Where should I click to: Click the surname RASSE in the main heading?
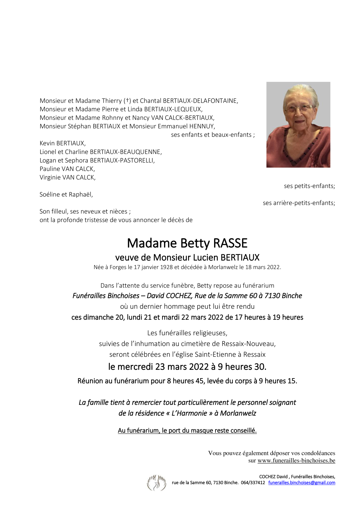click(230, 243)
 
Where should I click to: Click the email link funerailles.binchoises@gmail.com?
click(302, 482)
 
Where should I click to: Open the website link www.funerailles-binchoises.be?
click(296, 460)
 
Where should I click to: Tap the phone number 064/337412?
click(253, 482)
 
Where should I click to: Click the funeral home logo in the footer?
click(156, 482)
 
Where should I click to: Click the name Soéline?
click(50, 195)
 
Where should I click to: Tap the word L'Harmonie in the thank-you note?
click(189, 413)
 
